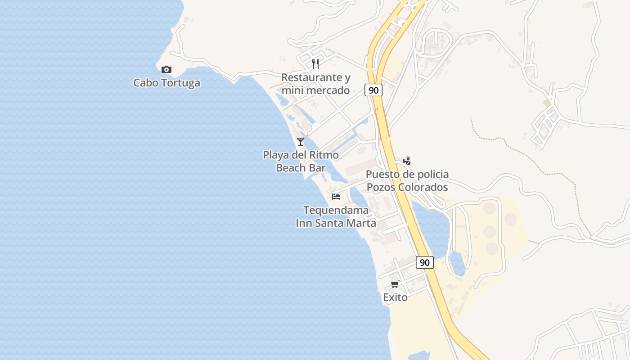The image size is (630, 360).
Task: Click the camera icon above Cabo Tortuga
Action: [166, 69]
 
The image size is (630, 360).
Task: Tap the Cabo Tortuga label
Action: [166, 83]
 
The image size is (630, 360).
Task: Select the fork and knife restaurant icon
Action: [315, 63]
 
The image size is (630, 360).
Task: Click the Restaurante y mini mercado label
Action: [315, 84]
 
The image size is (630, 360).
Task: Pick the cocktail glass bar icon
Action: [301, 141]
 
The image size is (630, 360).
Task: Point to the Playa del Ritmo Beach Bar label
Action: [301, 162]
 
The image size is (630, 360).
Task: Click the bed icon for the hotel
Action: [336, 196]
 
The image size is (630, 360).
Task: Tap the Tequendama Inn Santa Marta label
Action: [336, 216]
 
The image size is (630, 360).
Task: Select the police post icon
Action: [407, 161]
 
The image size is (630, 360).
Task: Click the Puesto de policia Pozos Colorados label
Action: [407, 180]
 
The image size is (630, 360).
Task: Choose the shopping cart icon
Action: [395, 284]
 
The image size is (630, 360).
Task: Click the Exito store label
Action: [395, 297]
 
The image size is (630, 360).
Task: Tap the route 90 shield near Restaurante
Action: [373, 90]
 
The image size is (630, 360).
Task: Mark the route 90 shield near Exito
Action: [424, 262]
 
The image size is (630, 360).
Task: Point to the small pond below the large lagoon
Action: [457, 263]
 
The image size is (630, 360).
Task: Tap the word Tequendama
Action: [336, 210]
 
